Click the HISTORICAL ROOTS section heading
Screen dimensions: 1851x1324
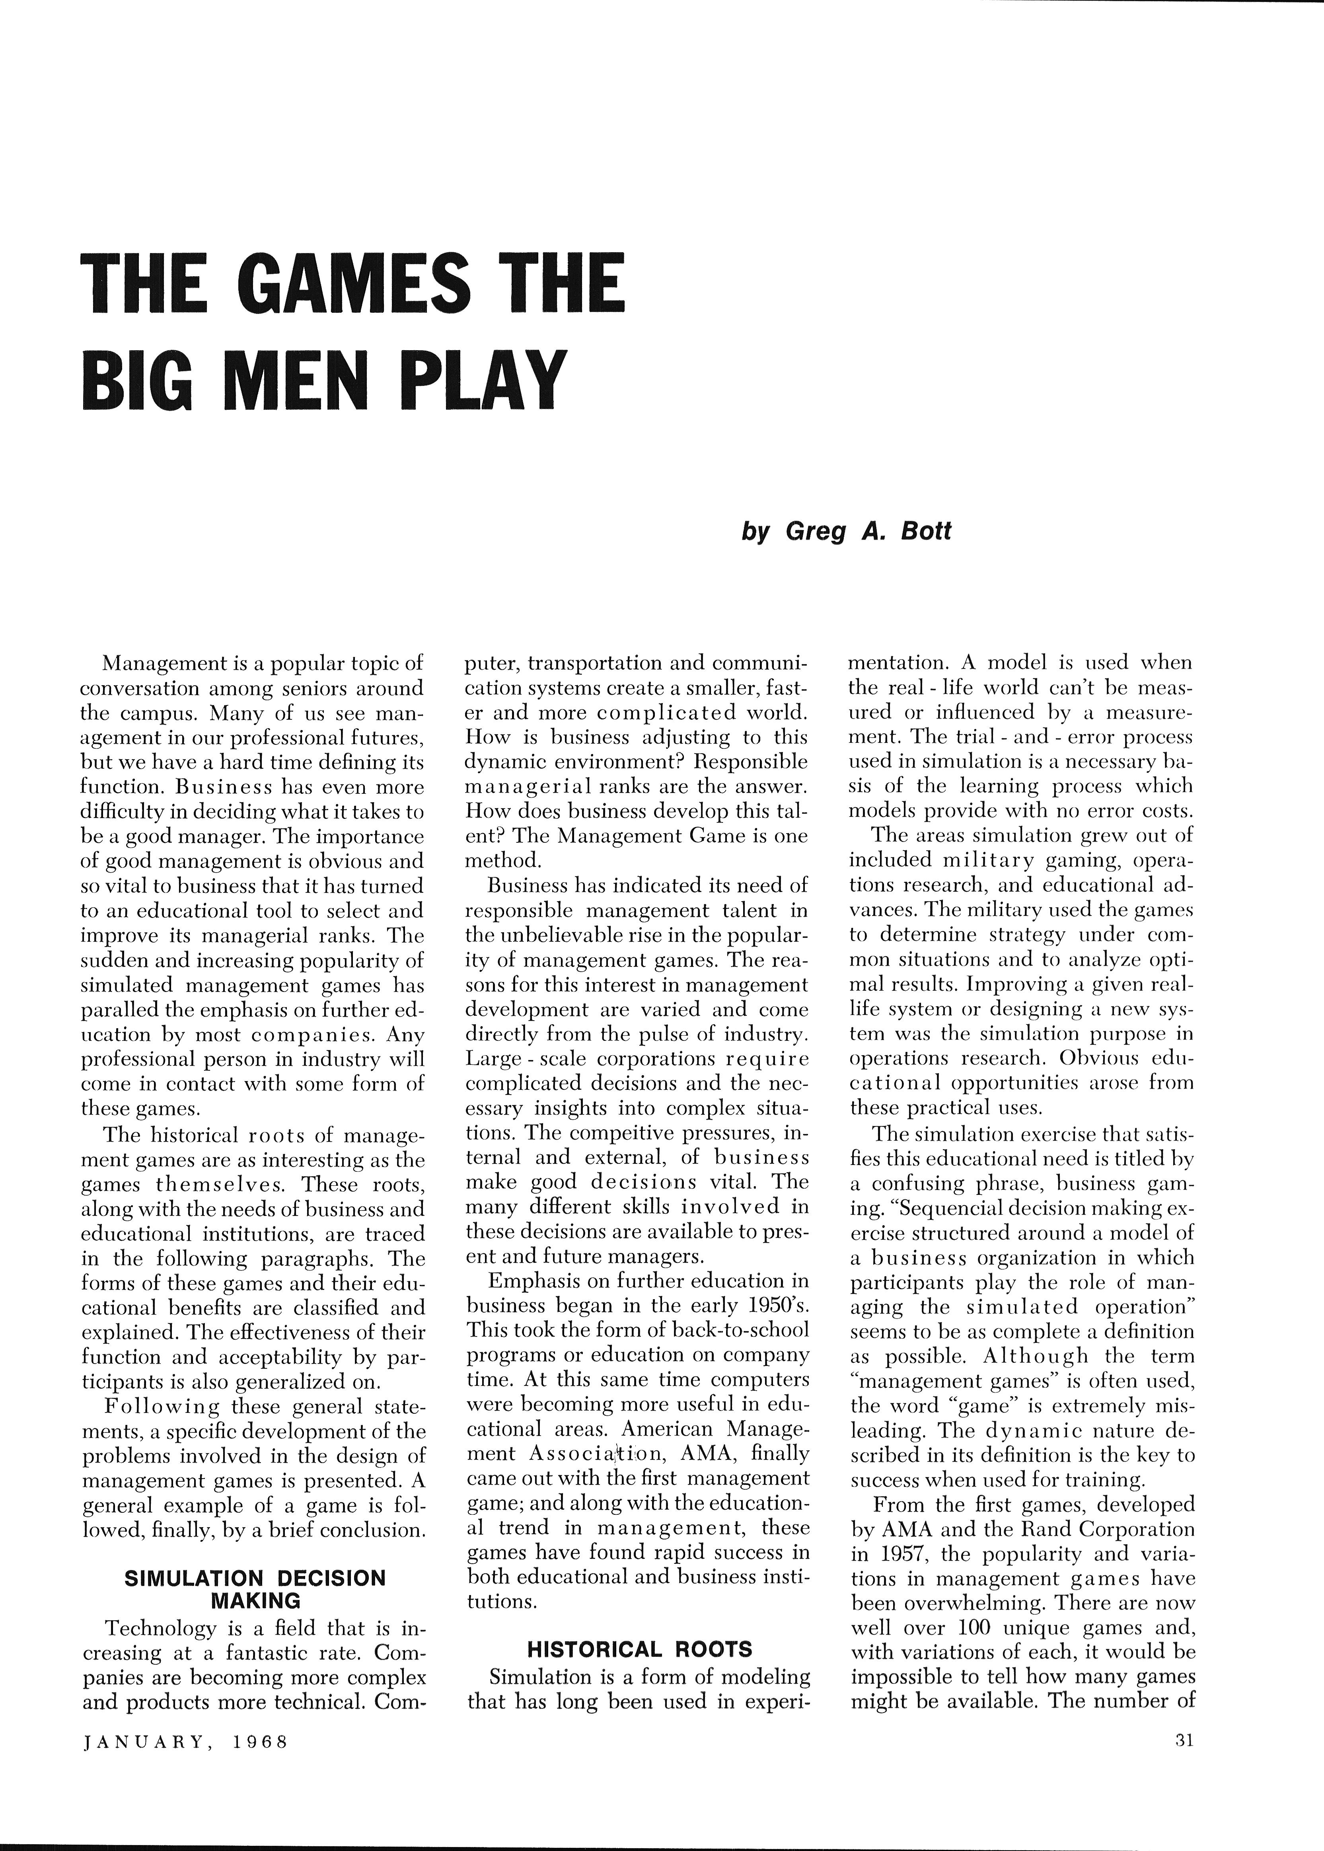[x=640, y=1650]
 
